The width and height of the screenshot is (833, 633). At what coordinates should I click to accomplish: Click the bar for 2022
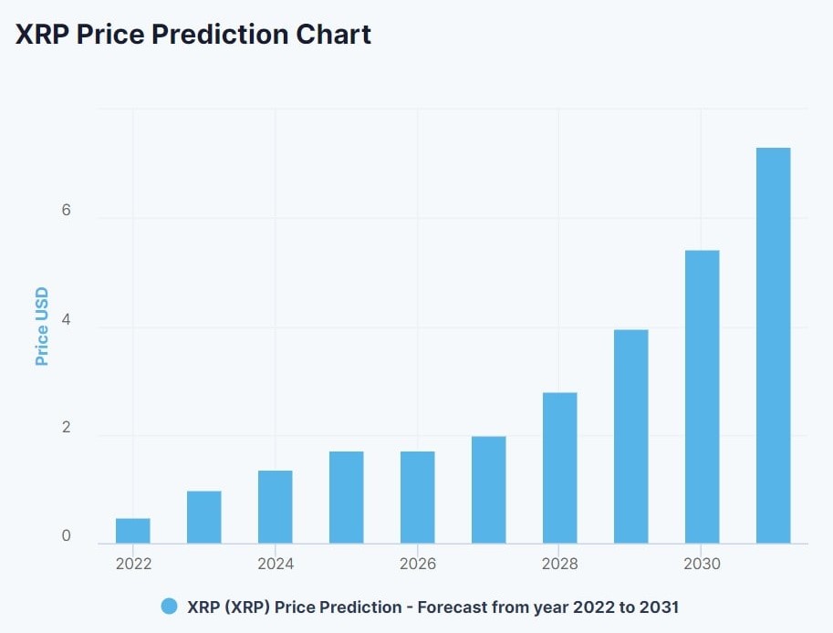133,531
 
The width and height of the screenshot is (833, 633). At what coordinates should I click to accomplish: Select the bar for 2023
204,517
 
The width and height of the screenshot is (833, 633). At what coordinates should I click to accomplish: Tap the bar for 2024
276,507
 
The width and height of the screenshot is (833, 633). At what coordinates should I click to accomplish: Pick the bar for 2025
347,498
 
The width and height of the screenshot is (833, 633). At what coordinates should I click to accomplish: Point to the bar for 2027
489,490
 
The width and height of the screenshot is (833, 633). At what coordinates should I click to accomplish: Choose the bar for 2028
560,468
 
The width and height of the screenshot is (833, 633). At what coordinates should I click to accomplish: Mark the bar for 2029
631,437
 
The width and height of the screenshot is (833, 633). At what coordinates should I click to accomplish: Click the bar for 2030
703,397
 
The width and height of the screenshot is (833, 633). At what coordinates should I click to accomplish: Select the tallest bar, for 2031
774,346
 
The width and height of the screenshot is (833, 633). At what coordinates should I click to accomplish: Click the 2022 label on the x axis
133,564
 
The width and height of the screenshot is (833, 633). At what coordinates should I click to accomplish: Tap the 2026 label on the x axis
418,564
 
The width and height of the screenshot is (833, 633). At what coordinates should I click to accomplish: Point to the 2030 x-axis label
702,564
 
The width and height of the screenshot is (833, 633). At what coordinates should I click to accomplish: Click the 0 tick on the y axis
66,536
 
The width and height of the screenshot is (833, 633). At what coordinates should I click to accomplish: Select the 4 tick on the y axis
66,320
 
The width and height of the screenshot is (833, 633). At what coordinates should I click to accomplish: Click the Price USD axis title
42,327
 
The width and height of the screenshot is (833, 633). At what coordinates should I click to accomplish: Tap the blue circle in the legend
169,607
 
